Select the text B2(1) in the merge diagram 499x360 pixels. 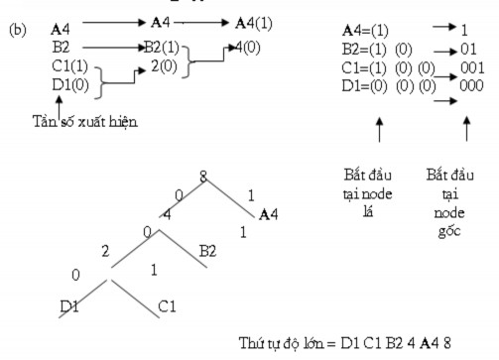coord(165,46)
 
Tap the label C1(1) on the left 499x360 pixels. coord(68,67)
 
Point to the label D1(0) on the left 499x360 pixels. coord(68,86)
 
